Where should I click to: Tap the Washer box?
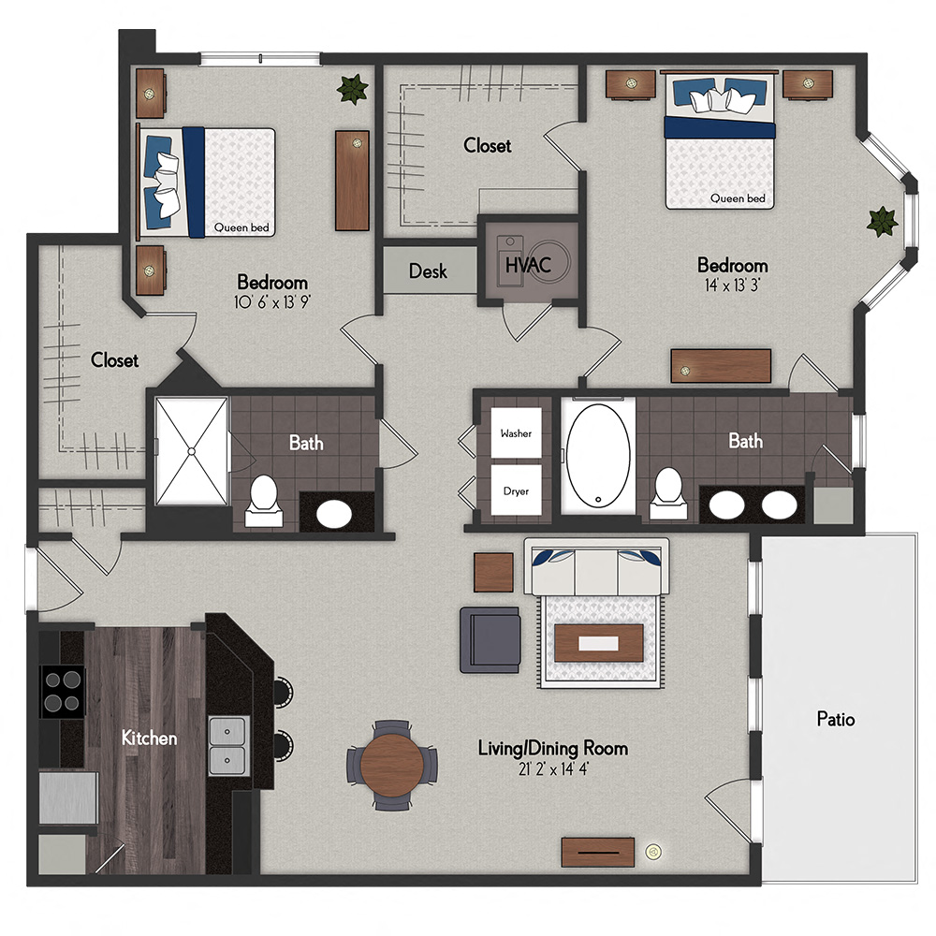[x=516, y=434]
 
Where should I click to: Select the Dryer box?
[x=516, y=490]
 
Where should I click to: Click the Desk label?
[x=428, y=271]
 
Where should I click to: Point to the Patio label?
[x=835, y=719]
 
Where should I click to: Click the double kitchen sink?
[x=227, y=746]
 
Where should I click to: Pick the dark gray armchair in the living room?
[x=490, y=638]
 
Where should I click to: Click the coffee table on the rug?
[x=598, y=643]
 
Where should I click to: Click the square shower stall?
[x=191, y=451]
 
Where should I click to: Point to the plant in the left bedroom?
[x=353, y=89]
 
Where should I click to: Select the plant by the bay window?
[x=881, y=222]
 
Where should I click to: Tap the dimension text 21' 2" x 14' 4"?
[x=552, y=770]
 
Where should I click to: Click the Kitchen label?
[x=149, y=739]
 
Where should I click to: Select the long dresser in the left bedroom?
[x=352, y=180]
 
